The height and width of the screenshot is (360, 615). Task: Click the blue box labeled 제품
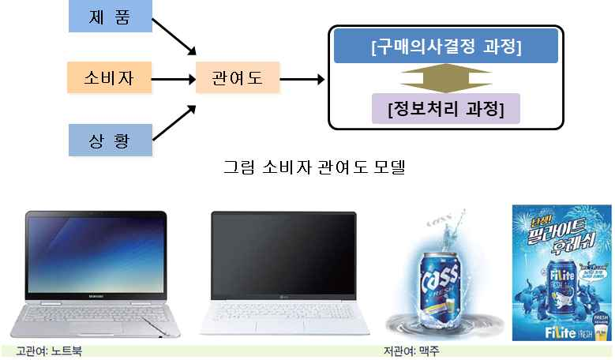[104, 17]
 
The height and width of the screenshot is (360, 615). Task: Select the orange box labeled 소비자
[104, 78]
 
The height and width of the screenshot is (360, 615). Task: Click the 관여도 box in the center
[236, 78]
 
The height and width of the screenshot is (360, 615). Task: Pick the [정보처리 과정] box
[445, 107]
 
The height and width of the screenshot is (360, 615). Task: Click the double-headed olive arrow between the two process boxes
[445, 77]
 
